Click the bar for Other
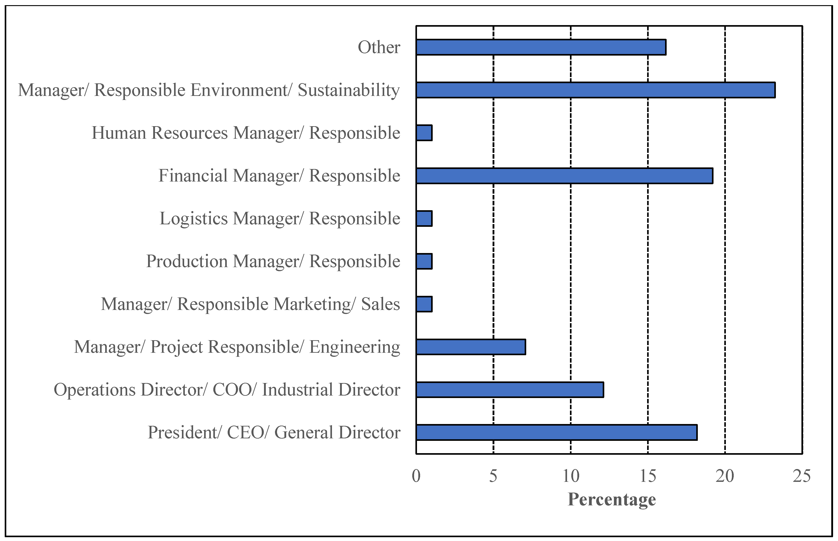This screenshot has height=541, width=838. (541, 47)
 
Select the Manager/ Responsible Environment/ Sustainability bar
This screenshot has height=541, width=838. (596, 90)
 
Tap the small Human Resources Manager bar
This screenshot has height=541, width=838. (424, 133)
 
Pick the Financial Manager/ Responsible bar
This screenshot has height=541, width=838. (564, 176)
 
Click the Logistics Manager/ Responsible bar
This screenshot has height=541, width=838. (424, 219)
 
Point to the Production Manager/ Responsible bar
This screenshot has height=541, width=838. (424, 261)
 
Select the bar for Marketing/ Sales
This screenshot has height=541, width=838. (424, 304)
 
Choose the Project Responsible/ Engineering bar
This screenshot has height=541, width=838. (471, 347)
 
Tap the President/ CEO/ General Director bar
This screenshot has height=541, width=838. (556, 433)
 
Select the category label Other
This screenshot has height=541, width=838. (379, 47)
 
